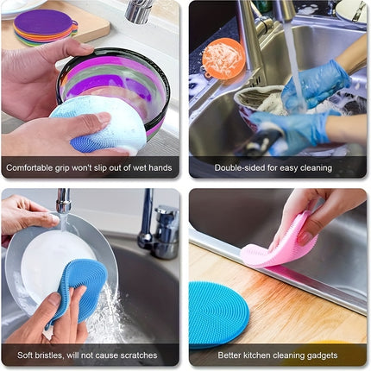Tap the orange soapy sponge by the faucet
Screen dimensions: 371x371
click(223, 59)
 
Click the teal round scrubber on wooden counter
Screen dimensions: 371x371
click(217, 315)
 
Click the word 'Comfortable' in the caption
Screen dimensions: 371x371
click(29, 167)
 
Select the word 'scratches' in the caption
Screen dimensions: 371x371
click(138, 355)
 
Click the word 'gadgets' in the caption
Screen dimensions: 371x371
click(322, 355)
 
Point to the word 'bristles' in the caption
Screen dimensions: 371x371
click(48, 355)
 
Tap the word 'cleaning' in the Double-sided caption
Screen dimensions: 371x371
click(316, 168)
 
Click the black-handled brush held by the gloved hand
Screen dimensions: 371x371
click(263, 141)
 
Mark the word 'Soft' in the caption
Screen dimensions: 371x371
click(25, 355)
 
